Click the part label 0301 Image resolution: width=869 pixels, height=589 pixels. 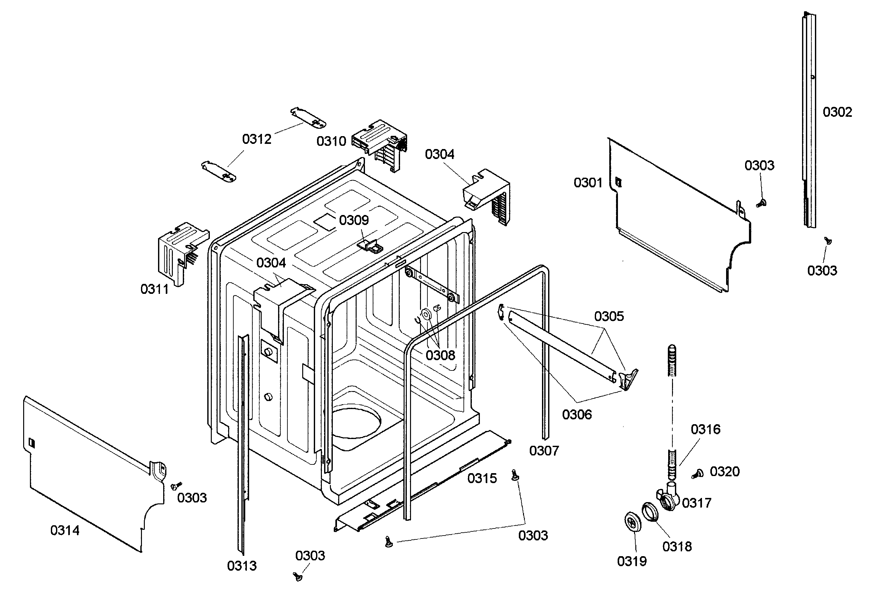tap(588, 183)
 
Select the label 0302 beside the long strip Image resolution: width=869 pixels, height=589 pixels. tap(837, 112)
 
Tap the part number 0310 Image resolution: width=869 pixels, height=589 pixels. tap(331, 141)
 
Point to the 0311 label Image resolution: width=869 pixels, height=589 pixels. tap(154, 289)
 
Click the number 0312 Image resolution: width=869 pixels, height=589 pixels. tap(257, 139)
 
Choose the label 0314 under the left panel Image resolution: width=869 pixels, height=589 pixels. tap(65, 530)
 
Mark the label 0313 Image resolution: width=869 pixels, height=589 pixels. tap(242, 566)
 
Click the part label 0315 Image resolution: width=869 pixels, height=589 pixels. tap(482, 478)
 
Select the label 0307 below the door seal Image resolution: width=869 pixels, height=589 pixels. tap(544, 451)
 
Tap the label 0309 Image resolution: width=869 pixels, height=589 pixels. tap(354, 220)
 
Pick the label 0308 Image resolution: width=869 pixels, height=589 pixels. tap(441, 355)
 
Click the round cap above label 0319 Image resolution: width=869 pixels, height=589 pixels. tap(633, 521)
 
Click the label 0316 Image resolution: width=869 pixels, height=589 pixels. tap(705, 429)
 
